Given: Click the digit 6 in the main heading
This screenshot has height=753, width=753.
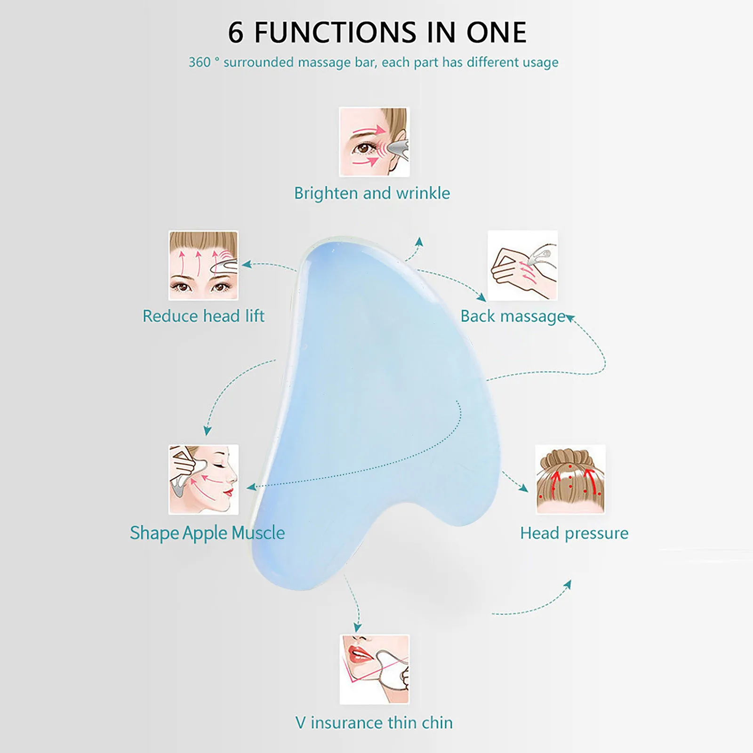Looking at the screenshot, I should [236, 33].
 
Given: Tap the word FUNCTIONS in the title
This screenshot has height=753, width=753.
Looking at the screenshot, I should [336, 33].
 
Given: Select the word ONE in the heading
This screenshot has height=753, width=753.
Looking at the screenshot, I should [496, 33].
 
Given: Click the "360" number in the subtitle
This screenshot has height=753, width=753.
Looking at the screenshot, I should [200, 63].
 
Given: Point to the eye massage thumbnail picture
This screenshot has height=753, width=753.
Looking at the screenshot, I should [374, 142].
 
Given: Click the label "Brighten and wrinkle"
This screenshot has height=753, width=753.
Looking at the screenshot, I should [372, 193].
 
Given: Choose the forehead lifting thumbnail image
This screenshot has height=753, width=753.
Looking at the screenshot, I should [203, 265].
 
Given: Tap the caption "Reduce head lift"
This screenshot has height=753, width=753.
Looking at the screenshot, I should [203, 316].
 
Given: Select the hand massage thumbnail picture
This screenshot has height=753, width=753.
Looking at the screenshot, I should [522, 265].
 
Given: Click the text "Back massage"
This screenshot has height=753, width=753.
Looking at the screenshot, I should [513, 316].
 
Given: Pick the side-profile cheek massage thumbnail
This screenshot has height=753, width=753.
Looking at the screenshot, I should [203, 480].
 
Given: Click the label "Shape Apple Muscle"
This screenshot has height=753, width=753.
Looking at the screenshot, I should [207, 533].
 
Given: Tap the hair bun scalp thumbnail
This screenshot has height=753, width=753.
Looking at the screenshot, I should [570, 480].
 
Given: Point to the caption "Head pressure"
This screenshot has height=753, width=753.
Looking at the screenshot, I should [574, 533].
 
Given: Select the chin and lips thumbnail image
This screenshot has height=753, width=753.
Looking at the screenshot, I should [374, 669].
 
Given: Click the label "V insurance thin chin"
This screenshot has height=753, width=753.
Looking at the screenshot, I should [374, 723].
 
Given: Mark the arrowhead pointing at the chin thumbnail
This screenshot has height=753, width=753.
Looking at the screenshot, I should [358, 628].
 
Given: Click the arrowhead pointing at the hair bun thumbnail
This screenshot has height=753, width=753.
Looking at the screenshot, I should [523, 488].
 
